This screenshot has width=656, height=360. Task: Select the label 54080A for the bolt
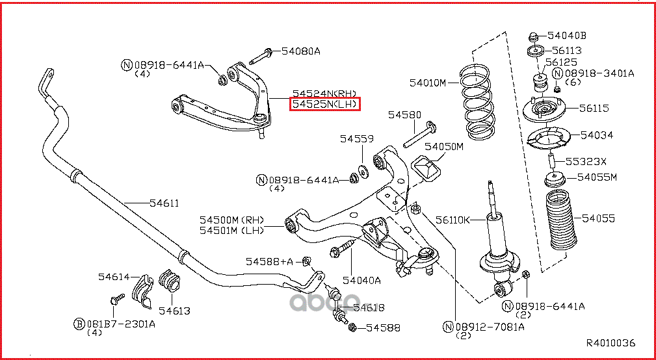tap(301, 51)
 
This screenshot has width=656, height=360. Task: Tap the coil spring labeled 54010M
tap(480, 98)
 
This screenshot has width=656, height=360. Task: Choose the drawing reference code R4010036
tap(610, 343)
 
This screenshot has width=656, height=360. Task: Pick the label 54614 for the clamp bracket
tap(114, 277)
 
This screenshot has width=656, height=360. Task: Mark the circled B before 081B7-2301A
tap(78, 323)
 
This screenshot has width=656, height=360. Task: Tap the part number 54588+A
tap(269, 261)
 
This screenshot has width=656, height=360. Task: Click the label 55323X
tap(585, 162)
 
